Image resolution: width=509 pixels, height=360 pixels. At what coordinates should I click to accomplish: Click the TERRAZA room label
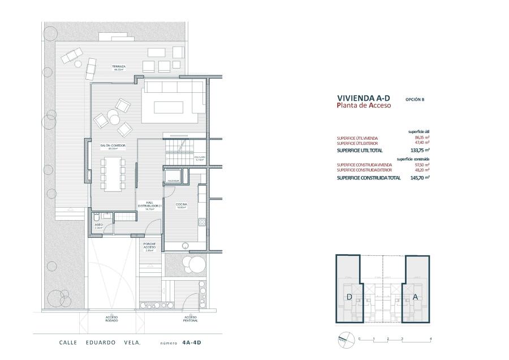point(118,68)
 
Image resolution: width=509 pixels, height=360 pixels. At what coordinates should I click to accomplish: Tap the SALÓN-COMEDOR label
point(113,147)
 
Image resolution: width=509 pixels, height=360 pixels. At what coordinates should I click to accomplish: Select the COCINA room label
point(182,205)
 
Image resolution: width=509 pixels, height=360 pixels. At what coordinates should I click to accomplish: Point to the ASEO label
point(98,226)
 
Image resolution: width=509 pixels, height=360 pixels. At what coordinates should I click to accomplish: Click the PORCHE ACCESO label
point(150,247)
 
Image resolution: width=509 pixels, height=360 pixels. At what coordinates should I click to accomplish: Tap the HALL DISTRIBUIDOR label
point(150,205)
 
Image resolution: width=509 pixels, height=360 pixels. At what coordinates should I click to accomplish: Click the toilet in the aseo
point(97,217)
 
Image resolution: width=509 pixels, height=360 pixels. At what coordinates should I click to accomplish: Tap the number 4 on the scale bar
point(430,338)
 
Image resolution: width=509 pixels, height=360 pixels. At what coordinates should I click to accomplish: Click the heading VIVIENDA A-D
point(363,98)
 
